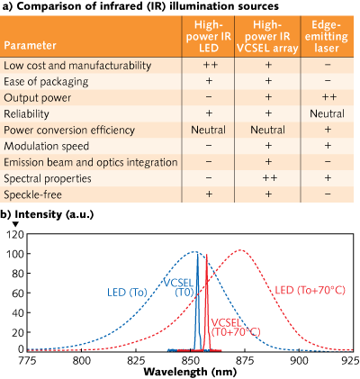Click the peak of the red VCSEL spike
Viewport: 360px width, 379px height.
[x=206, y=255]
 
